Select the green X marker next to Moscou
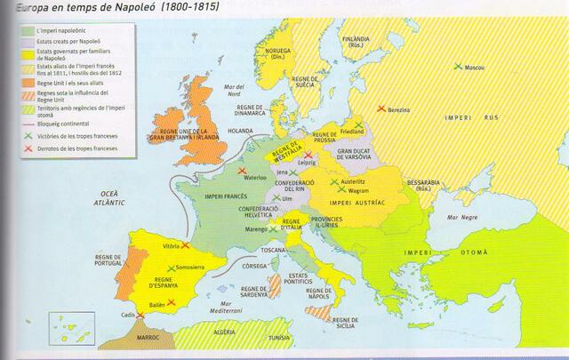tap(457, 66)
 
